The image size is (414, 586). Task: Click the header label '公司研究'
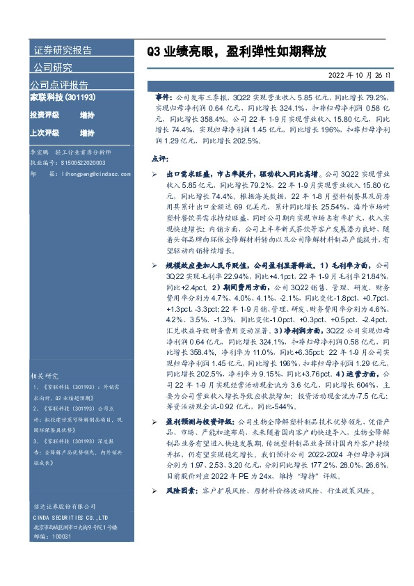click(x=53, y=68)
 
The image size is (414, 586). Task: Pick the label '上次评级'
click(x=45, y=132)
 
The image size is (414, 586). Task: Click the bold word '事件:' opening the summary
click(x=166, y=100)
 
